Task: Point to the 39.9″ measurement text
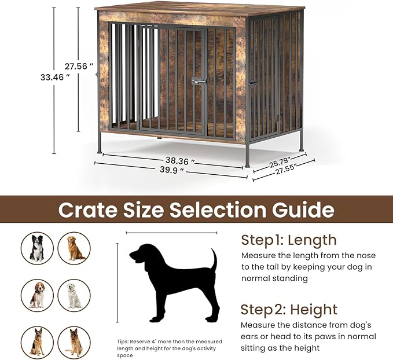pyautogui.click(x=171, y=170)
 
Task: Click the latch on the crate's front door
pyautogui.click(x=199, y=81)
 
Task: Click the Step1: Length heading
pyautogui.click(x=288, y=240)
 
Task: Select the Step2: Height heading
pyautogui.click(x=289, y=309)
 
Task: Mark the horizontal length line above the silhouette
pyautogui.click(x=171, y=233)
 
